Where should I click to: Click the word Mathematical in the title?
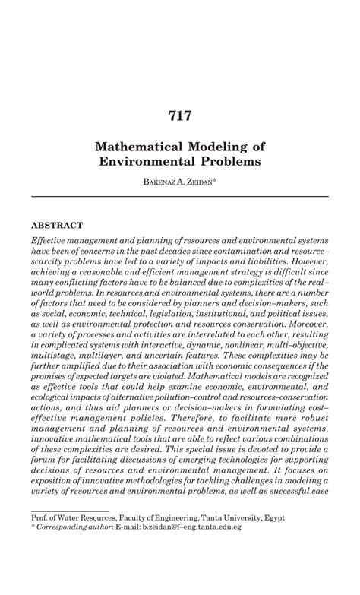click(x=144, y=146)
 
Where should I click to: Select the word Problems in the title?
click(x=230, y=162)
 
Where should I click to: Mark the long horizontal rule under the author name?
click(x=179, y=197)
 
